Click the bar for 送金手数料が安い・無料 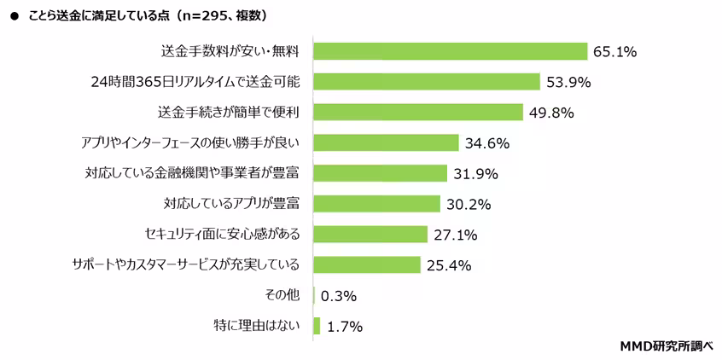pos(451,51)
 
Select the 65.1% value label pos(615,52)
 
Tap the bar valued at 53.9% pos(427,82)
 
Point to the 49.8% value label pos(550,113)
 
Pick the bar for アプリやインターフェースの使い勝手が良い pos(387,142)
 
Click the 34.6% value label pos(486,143)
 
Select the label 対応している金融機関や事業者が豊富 pos(197,173)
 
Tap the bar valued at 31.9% pos(381,173)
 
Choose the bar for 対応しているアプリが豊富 pos(377,204)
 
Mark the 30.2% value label pos(468,205)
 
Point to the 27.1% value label pos(455,235)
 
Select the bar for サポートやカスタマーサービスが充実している pos(368,264)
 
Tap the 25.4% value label pos(449,265)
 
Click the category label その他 pos(283,295)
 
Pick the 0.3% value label pos(339,296)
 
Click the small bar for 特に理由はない pos(317,326)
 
